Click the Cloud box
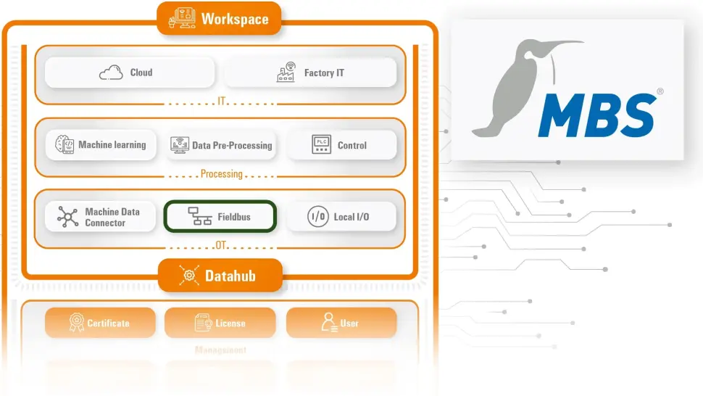coord(130,73)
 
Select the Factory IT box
coord(310,73)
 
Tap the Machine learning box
coord(101,145)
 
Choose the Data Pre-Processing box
coord(222,145)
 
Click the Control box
coord(342,145)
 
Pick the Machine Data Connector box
coord(101,217)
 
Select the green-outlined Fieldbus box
coord(221,217)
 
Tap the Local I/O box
coord(342,217)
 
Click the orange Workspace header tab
coord(219,19)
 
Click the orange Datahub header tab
coord(219,276)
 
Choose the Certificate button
coord(101,323)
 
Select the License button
coord(220,323)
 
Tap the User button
coord(341,323)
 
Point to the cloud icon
coord(111,73)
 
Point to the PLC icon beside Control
coord(321,145)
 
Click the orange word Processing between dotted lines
coord(222,174)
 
